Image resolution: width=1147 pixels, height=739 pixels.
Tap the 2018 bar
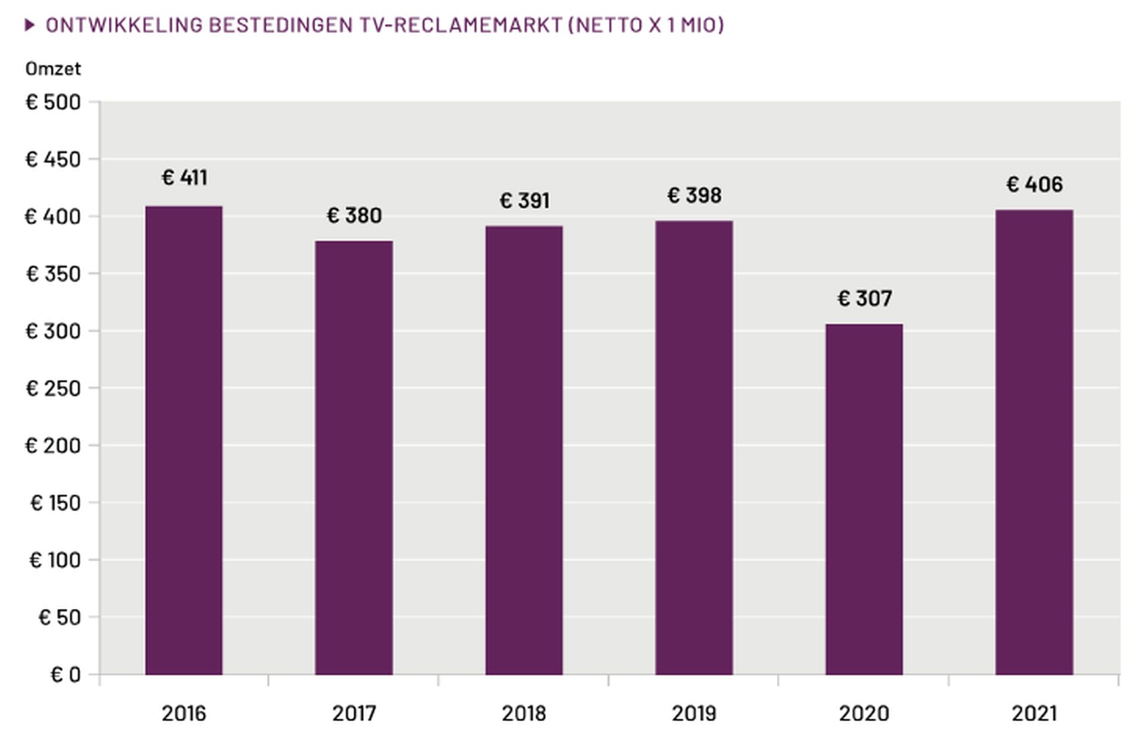coord(524,450)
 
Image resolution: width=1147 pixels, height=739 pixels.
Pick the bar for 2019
coord(694,448)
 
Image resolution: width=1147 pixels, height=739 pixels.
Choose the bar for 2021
coord(1034,442)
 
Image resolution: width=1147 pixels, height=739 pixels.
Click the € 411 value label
coord(185,177)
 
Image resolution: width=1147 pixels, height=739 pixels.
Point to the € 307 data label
coord(864,298)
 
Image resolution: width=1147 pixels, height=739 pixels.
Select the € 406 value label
coord(1034,184)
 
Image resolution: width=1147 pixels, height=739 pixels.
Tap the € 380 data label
coord(354,215)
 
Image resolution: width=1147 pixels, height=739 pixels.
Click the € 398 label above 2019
coord(694,195)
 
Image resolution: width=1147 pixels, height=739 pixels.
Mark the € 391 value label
coord(525,201)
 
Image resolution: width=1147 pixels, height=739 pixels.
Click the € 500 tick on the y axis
coord(53,102)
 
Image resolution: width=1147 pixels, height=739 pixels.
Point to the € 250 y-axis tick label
coord(53,389)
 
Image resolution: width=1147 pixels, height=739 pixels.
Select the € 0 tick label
coord(65,675)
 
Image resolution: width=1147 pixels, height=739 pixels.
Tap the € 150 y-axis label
coord(55,503)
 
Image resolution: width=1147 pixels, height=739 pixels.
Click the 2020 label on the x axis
coord(864,713)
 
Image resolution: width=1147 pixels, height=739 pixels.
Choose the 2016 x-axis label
coord(183,713)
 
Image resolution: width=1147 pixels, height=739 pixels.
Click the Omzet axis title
coord(53,69)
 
